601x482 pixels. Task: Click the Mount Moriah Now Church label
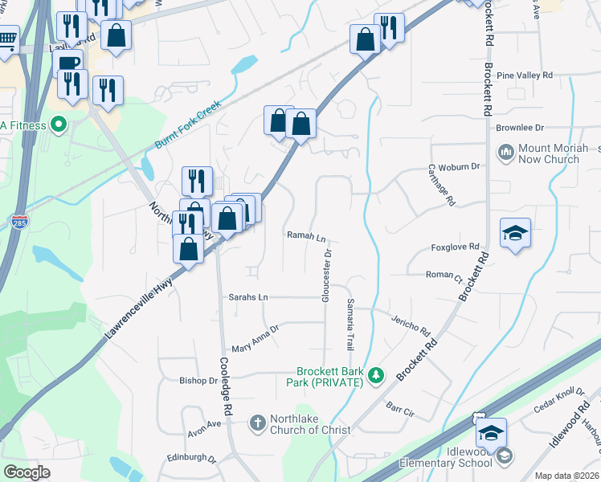[549, 153]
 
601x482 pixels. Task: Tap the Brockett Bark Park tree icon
[375, 375]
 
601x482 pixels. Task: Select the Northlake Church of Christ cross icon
[257, 423]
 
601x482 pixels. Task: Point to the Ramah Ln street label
[307, 237]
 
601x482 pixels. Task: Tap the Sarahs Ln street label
[247, 297]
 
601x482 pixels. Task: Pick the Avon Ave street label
[204, 424]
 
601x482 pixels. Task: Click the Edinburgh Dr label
[191, 460]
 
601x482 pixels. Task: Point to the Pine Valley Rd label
[525, 76]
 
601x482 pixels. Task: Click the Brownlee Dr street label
[520, 128]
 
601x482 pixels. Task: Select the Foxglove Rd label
[455, 247]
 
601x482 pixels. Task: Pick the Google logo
[27, 472]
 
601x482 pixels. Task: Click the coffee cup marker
[68, 63]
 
